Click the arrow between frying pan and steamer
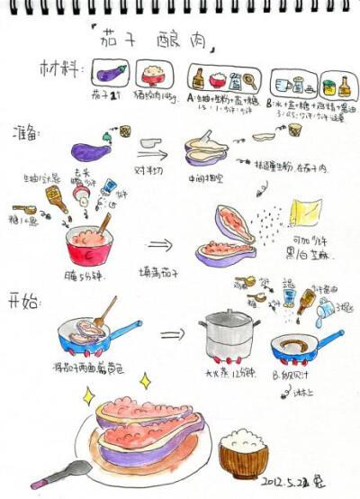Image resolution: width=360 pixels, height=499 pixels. click(170, 336)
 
